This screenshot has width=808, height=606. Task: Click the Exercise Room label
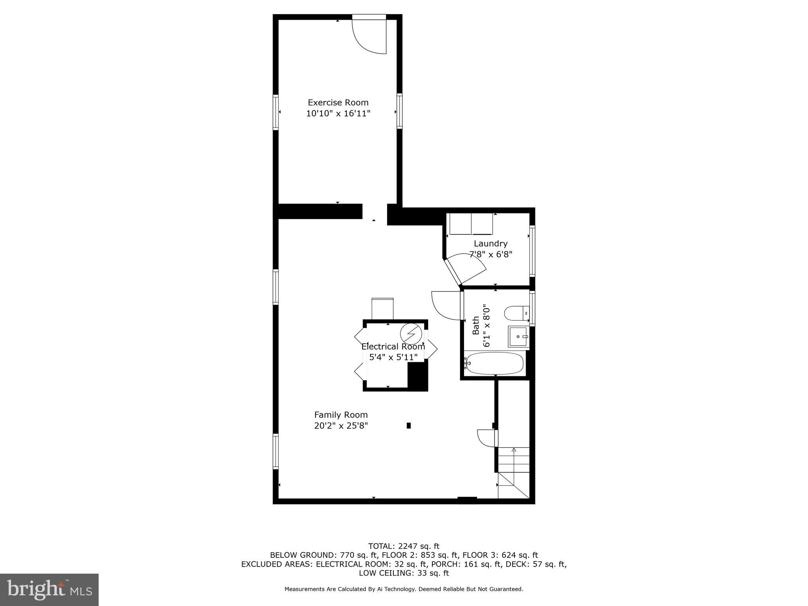pyautogui.click(x=338, y=103)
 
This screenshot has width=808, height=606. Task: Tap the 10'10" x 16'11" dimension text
pyautogui.click(x=338, y=114)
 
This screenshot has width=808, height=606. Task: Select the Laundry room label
pyautogui.click(x=490, y=243)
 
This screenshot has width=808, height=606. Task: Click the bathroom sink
pyautogui.click(x=518, y=337)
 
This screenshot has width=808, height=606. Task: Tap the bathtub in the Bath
pyautogui.click(x=495, y=363)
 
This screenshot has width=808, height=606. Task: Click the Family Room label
pyautogui.click(x=341, y=415)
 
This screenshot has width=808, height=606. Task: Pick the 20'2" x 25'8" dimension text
pyautogui.click(x=341, y=426)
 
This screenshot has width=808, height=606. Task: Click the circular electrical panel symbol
pyautogui.click(x=411, y=334)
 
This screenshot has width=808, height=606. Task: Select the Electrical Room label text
pyautogui.click(x=393, y=346)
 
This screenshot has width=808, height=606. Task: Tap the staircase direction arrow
pyautogui.click(x=514, y=450)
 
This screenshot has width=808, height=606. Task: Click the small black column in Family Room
pyautogui.click(x=409, y=425)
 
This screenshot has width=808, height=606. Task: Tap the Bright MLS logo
pyautogui.click(x=49, y=589)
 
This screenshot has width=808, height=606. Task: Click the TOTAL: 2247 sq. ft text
pyautogui.click(x=404, y=546)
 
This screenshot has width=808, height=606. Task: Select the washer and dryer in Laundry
pyautogui.click(x=471, y=224)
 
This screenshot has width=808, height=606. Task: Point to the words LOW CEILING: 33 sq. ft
pyautogui.click(x=404, y=573)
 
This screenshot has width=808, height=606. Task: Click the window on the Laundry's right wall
pyautogui.click(x=532, y=251)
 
